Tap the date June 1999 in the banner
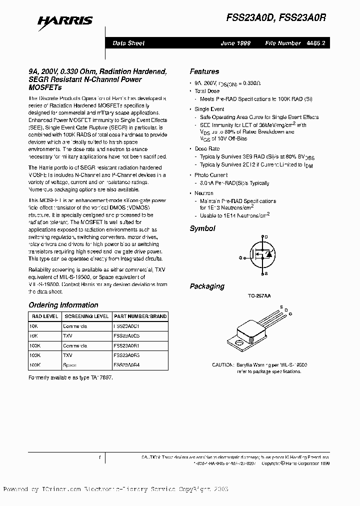tap(235, 43)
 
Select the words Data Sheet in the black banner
tap(128, 43)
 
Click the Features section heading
tap(204, 71)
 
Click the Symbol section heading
tap(202, 228)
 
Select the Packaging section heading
tap(207, 286)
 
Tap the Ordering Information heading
tap(63, 305)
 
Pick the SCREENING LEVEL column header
tap(86, 316)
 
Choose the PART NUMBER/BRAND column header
tap(140, 316)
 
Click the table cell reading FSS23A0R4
tap(126, 365)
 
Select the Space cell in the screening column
tap(70, 365)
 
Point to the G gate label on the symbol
tap(241, 257)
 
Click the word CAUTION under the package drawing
tap(222, 365)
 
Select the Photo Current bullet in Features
tap(211, 175)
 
